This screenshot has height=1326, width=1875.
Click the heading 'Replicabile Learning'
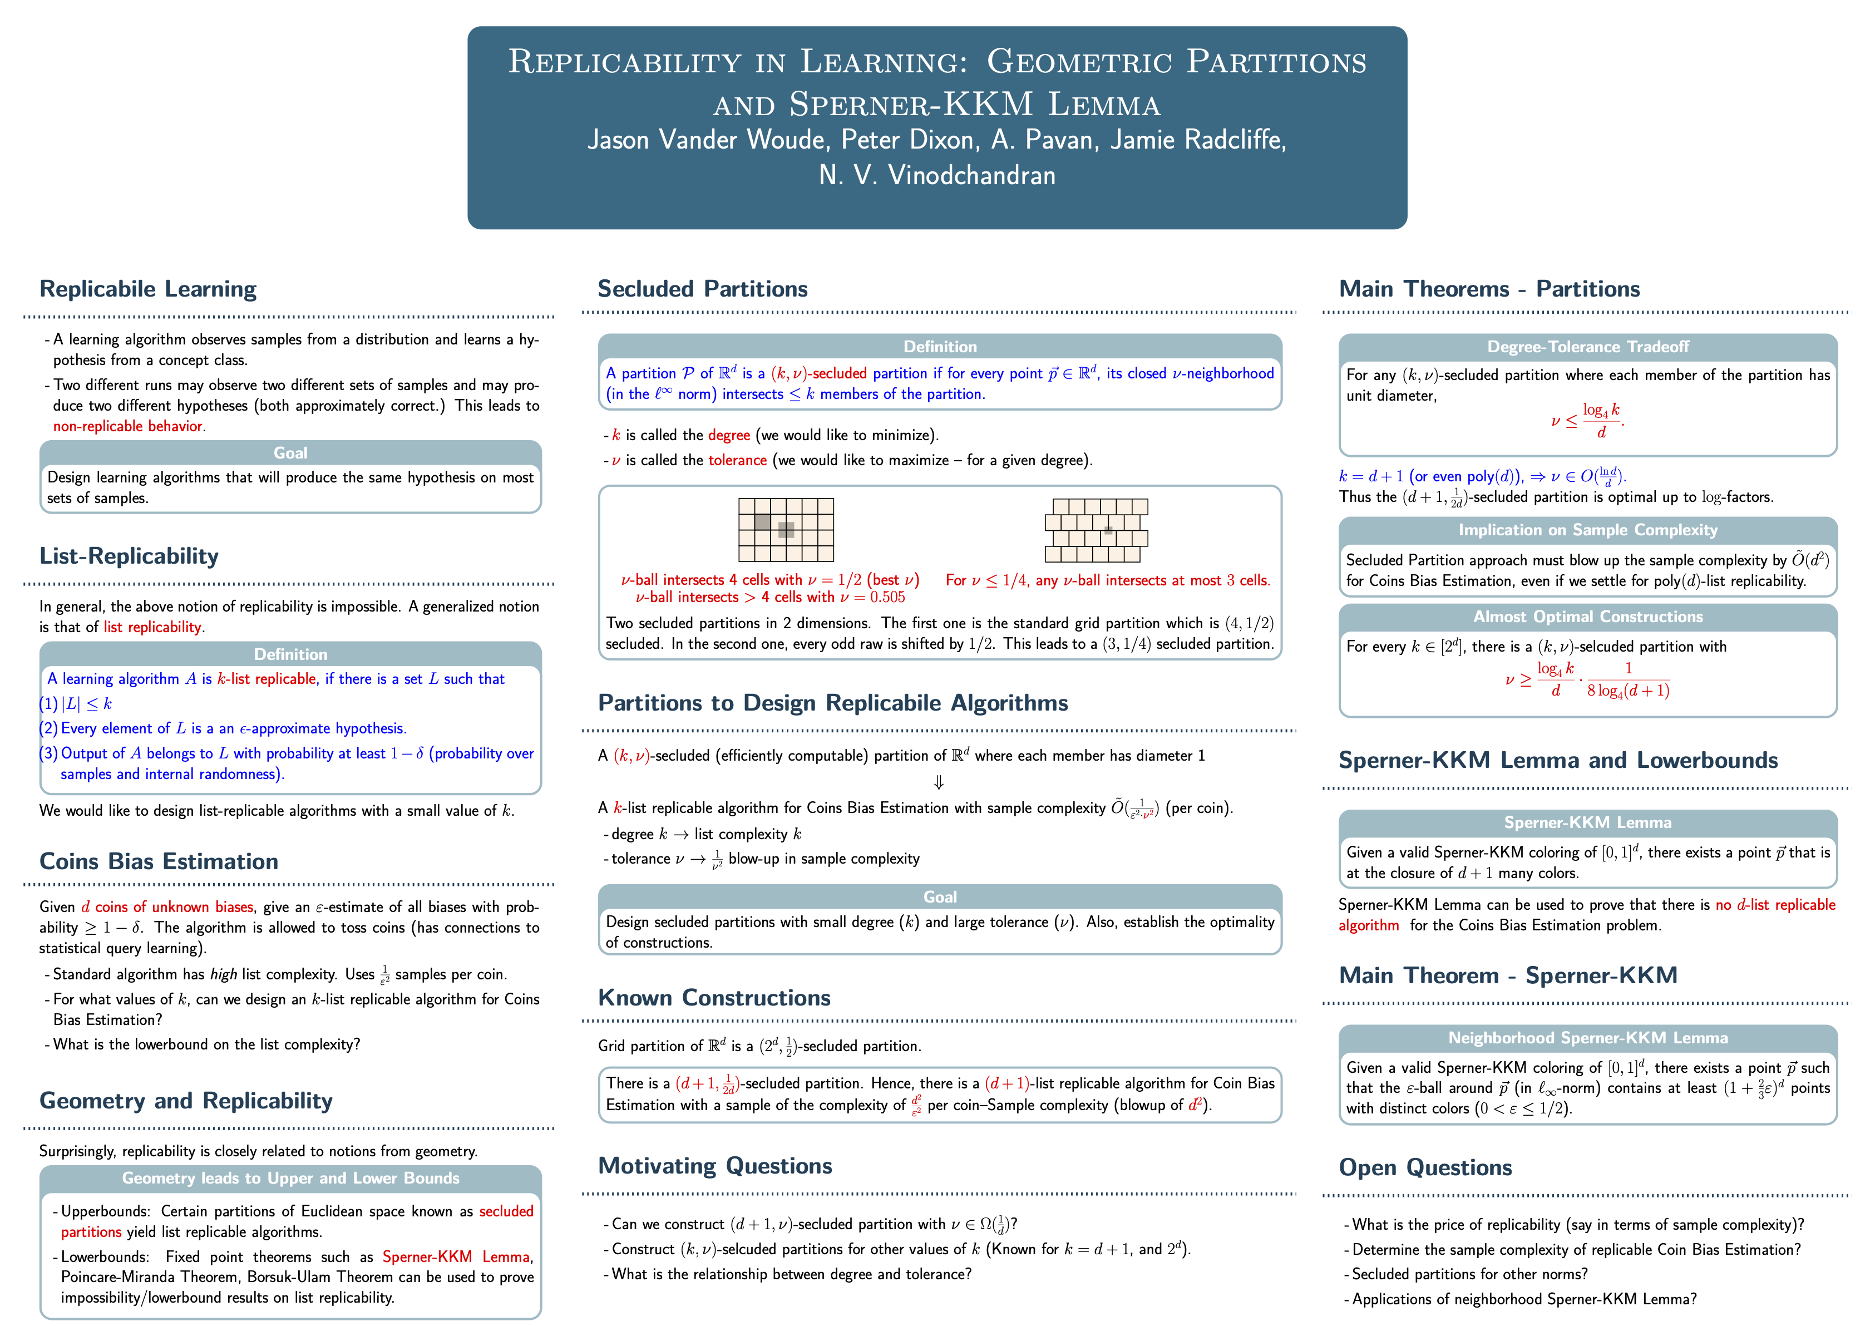tap(148, 289)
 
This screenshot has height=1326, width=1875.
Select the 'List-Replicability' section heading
tap(129, 556)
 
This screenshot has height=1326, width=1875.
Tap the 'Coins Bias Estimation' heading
tap(159, 861)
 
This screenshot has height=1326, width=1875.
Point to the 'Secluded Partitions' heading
tap(702, 289)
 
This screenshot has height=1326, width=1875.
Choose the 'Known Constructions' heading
tap(714, 998)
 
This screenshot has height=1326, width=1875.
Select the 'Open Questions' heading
tap(1425, 1167)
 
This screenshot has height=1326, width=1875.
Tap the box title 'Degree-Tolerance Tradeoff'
tap(1587, 347)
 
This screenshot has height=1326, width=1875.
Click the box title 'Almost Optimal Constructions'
tap(1587, 617)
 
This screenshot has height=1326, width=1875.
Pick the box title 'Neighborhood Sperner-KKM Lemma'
tap(1587, 1038)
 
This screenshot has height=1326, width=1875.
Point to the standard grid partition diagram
tap(786, 530)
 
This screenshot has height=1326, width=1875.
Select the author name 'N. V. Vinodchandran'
tap(937, 175)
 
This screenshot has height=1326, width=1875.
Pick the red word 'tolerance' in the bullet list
tap(737, 461)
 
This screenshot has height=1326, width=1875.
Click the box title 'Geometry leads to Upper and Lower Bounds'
tap(291, 1178)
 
